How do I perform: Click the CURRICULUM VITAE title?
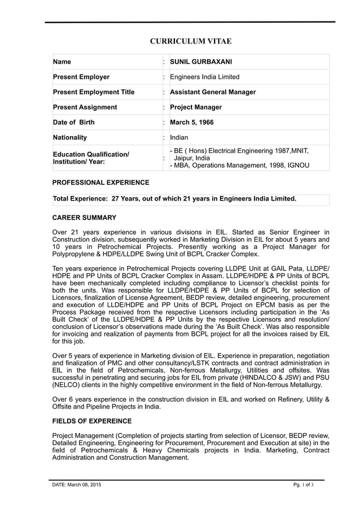coord(190,41)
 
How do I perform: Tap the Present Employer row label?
coord(81,77)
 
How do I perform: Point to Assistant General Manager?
coord(212,92)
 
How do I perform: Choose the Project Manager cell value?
coord(196,107)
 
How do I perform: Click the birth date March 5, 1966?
coord(191,123)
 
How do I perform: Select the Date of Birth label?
coord(73,123)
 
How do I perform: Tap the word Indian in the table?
coord(179,137)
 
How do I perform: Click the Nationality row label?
coord(69,137)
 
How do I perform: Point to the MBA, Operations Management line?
coord(240,165)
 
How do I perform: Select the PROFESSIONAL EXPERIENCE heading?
coord(100,182)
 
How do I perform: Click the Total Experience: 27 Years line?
coord(174,199)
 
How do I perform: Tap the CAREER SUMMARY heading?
coord(84,217)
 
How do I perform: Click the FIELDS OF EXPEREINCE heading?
coord(91,421)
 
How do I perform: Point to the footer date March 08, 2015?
coord(77,485)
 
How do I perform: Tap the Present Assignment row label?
coord(85,107)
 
